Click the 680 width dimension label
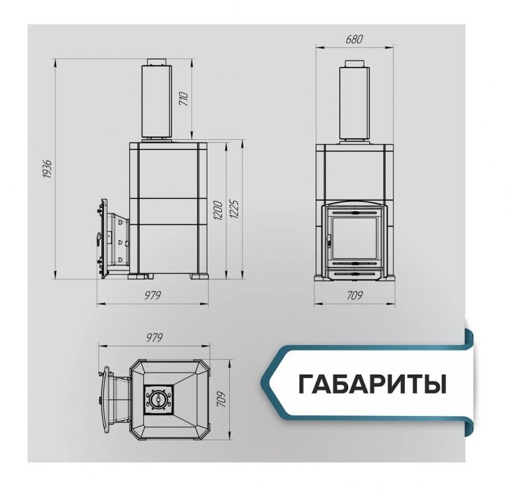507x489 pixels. pos(354,40)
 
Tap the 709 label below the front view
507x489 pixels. pos(355,296)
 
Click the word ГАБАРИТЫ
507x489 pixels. pos(372,383)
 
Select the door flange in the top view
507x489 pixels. pos(106,399)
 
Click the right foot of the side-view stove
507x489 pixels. pos(201,276)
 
